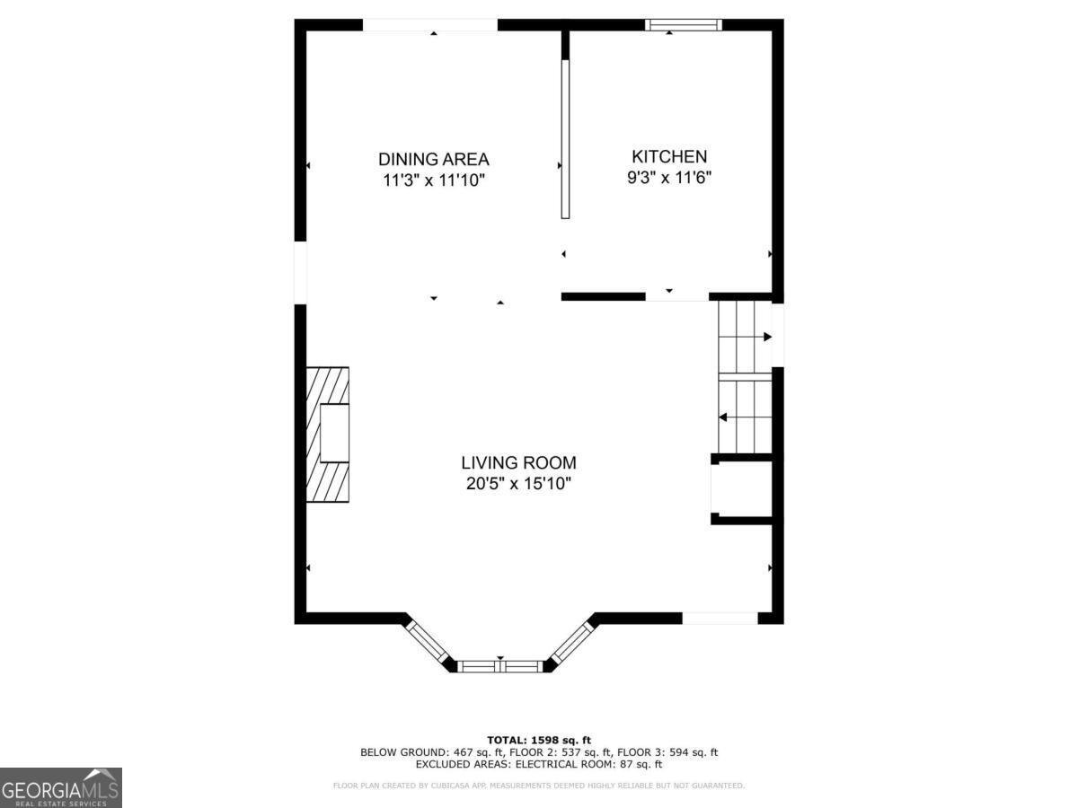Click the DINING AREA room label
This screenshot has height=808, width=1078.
pos(433,159)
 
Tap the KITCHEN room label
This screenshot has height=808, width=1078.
pos(669,156)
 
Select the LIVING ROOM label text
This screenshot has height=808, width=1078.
pos(518,463)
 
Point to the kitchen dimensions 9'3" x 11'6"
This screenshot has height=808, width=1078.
pos(669,178)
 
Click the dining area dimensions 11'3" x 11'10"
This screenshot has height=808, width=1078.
pos(433,180)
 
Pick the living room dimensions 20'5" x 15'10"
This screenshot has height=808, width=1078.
pos(518,485)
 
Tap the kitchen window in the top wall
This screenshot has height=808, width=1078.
pos(683,25)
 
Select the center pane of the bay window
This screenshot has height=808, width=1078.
pos(501,665)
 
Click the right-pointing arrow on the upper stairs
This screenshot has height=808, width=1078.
pos(767,337)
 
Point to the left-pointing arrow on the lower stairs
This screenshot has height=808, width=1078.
pos(722,417)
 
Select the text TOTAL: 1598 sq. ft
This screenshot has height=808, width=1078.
pos(539,740)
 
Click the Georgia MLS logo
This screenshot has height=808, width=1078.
pos(60,787)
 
